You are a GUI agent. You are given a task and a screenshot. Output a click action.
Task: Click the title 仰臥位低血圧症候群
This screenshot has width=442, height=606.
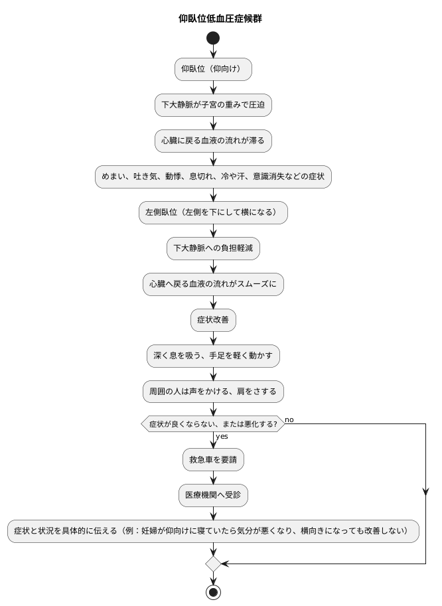point(220,19)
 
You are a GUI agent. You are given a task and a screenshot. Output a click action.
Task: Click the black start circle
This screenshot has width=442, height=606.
point(213,38)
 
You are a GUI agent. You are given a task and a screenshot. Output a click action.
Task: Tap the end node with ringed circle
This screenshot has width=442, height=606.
point(213,592)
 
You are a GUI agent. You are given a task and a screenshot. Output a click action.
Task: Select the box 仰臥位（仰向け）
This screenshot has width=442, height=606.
point(213,69)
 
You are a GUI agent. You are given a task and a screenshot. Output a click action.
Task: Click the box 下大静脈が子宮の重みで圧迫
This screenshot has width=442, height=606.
point(213,105)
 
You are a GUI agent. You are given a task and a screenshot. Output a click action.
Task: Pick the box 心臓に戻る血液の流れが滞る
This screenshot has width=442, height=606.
point(213,141)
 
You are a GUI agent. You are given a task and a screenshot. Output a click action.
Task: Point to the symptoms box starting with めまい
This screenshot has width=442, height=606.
point(213,177)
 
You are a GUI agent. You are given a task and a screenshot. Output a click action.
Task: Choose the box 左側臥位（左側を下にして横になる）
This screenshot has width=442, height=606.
point(213,212)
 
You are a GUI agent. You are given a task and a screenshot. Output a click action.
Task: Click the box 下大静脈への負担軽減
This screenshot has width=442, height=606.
point(213,248)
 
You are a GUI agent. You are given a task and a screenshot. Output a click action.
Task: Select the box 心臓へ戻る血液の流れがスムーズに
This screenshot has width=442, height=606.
point(213,284)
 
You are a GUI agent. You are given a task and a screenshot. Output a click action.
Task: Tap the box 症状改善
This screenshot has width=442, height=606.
point(213,320)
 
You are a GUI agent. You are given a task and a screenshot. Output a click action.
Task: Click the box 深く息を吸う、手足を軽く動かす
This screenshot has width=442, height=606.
point(213,356)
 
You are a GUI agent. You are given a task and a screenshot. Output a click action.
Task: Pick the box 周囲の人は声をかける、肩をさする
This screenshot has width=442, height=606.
point(213,392)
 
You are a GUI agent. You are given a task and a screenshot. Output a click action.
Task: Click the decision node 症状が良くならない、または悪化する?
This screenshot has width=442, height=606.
point(213,423)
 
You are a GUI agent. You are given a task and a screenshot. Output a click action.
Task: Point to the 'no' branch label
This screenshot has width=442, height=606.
point(290,419)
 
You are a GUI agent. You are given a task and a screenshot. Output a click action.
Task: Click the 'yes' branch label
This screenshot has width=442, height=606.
point(222,437)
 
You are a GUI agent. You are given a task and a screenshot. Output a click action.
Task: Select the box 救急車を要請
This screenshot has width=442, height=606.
point(213,459)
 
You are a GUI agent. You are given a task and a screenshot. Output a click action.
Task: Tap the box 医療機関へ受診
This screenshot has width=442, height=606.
point(213,495)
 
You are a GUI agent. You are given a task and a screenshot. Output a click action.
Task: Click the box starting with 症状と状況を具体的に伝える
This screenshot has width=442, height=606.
point(213,531)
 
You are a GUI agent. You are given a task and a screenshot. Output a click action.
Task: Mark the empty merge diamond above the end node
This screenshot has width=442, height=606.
point(213,564)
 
